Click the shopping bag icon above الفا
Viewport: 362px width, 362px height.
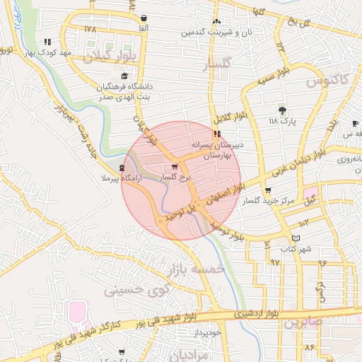point(144,18)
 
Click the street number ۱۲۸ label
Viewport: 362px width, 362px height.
point(89,29)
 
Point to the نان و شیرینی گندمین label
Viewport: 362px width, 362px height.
point(215,33)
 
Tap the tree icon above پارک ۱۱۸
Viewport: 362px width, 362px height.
point(282,110)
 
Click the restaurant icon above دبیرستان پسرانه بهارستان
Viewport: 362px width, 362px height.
point(216,133)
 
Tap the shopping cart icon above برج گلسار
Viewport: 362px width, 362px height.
point(175,167)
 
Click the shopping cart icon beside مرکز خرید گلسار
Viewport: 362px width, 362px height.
point(267,190)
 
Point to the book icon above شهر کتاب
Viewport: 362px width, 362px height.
point(296,238)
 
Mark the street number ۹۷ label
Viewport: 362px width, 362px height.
point(275,262)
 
